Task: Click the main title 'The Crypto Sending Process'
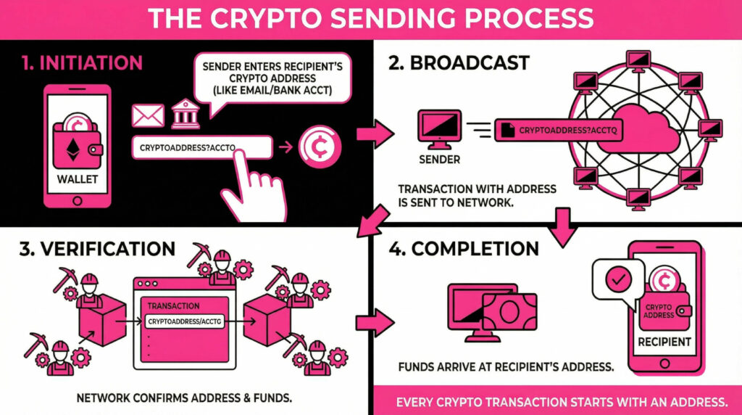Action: (x=370, y=19)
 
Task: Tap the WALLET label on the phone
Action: (x=77, y=178)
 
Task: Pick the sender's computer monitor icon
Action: (x=440, y=128)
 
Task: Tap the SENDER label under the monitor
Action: (x=440, y=159)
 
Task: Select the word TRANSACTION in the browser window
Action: (x=173, y=306)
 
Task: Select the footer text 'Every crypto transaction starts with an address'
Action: (x=557, y=402)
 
